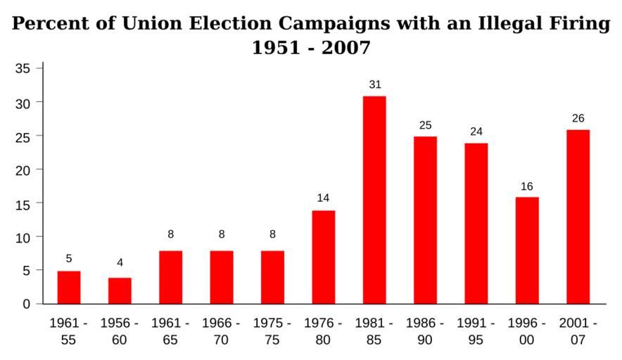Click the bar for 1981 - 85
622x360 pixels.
click(374, 200)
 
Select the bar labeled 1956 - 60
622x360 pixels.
click(120, 290)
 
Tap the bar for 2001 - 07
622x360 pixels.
click(578, 217)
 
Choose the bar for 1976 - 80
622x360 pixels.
click(323, 257)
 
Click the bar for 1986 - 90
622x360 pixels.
click(425, 220)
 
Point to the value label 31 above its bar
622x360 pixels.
click(374, 84)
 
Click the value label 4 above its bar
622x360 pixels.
click(120, 262)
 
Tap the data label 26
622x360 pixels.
click(578, 118)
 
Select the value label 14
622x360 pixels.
click(323, 198)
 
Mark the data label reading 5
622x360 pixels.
click(69, 258)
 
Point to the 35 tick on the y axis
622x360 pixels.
click(24, 68)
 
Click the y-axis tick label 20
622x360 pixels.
click(24, 169)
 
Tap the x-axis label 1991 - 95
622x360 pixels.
click(476, 332)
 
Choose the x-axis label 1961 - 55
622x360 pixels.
click(69, 332)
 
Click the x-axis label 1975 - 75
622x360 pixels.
click(272, 332)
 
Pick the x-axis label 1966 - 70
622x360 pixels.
click(221, 332)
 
